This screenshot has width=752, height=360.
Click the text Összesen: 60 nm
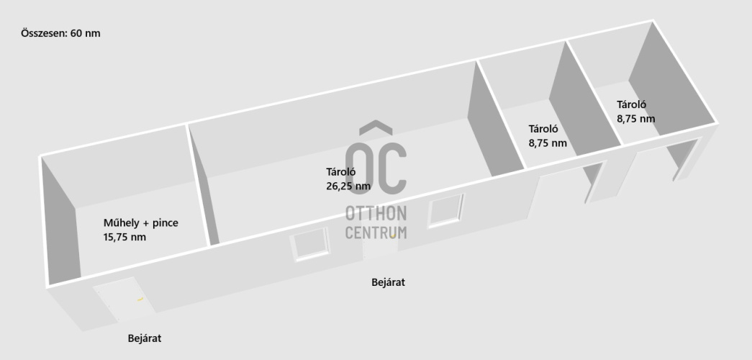tap(60, 33)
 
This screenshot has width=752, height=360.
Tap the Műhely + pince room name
tap(140, 222)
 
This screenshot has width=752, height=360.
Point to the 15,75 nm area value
tap(124, 237)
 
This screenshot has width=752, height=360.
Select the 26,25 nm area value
tap(348, 186)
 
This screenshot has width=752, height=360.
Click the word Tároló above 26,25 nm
tap(340, 172)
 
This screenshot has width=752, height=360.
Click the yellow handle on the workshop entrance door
tap(140, 299)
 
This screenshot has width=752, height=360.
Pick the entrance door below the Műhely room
tap(124, 299)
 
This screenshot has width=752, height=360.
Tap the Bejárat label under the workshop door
tap(145, 338)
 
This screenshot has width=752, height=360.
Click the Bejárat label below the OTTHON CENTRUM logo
tap(388, 282)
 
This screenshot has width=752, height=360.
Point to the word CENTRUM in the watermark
tap(376, 233)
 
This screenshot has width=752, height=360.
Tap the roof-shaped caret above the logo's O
tap(376, 127)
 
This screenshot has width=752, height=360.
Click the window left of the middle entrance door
tap(310, 244)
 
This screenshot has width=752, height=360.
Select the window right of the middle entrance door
tap(446, 210)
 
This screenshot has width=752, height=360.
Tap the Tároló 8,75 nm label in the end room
tap(635, 112)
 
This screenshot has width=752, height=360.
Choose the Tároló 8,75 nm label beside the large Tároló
tap(548, 136)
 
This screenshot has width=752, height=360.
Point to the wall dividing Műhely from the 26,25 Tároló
tap(198, 185)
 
